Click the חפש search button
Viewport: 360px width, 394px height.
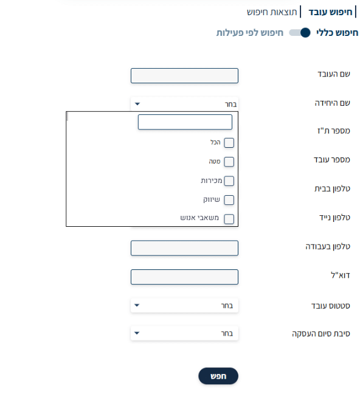218,376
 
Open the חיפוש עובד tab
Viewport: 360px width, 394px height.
330,12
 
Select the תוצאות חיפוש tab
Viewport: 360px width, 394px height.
272,12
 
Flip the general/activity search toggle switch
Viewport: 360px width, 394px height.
300,33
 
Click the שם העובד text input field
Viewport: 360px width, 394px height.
184,75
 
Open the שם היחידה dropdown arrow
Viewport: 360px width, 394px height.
137,104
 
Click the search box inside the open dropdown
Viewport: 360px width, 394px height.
185,122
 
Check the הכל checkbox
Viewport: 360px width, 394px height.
229,143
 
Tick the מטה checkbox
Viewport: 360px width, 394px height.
229,162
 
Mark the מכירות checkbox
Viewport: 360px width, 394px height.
229,181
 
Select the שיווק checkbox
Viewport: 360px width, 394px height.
229,200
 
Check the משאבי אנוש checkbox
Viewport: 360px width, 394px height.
229,219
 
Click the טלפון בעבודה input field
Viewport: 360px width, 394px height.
184,248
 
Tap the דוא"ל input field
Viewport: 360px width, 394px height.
184,277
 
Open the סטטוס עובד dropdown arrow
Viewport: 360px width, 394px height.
137,305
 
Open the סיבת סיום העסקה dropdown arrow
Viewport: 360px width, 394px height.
137,333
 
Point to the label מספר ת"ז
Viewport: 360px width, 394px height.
334,131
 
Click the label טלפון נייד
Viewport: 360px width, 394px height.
334,217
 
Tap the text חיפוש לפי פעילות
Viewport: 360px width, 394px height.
250,33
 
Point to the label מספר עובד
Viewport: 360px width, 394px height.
332,159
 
